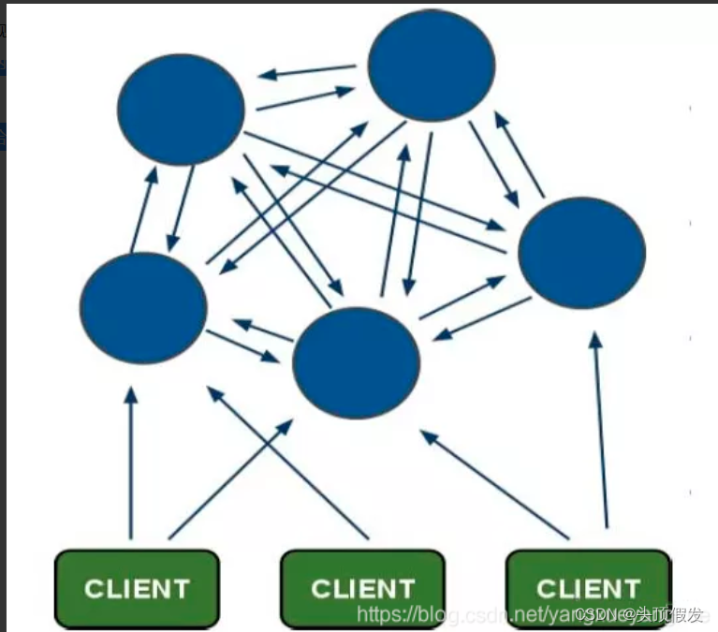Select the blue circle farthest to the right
(x=581, y=253)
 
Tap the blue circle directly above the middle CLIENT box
(x=356, y=362)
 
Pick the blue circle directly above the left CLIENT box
(x=143, y=308)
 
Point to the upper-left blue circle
(x=181, y=110)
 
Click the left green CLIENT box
(x=137, y=588)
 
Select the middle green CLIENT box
(x=362, y=588)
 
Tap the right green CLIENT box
(x=588, y=588)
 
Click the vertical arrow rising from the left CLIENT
(x=131, y=463)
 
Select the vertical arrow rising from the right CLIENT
(x=600, y=431)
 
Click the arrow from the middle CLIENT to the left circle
(x=287, y=463)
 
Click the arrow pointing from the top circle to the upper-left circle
(x=307, y=71)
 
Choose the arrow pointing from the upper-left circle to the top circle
(x=306, y=98)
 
